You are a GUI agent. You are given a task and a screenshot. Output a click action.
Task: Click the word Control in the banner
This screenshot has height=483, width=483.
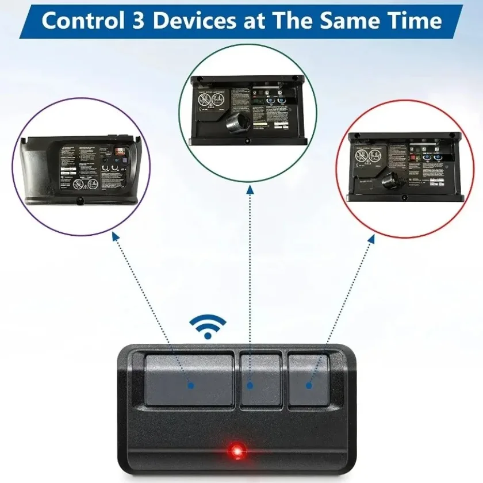(x=80, y=21)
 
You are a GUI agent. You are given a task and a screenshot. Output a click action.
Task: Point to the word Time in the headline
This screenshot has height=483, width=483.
(x=414, y=21)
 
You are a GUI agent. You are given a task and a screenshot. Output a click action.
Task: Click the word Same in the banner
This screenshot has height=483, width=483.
(x=351, y=21)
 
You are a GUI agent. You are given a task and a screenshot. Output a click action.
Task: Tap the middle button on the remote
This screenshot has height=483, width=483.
(x=260, y=379)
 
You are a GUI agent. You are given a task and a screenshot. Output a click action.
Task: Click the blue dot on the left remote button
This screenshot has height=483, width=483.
(x=191, y=386)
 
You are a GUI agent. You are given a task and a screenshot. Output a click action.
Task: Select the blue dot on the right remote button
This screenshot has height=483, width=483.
(x=309, y=386)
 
